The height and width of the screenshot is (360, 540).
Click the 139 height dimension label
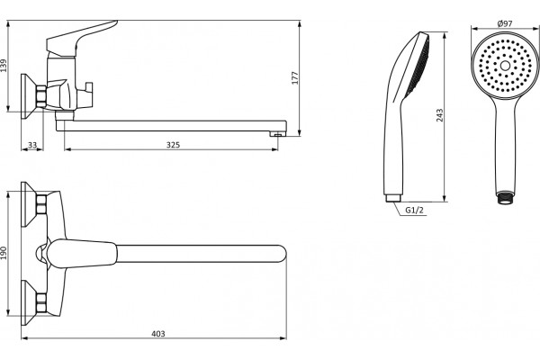(4, 66)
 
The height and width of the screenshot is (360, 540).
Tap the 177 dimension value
(295, 78)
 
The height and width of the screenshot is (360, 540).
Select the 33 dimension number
(32, 145)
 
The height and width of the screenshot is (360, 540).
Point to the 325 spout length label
(173, 145)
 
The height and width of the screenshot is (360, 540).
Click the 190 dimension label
(4, 253)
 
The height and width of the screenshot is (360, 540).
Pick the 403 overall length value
(158, 334)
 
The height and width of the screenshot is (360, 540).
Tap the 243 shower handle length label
(440, 115)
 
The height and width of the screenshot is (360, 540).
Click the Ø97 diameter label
(505, 23)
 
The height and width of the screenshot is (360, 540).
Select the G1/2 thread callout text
(414, 210)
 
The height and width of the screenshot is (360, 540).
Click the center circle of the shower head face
(505, 66)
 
